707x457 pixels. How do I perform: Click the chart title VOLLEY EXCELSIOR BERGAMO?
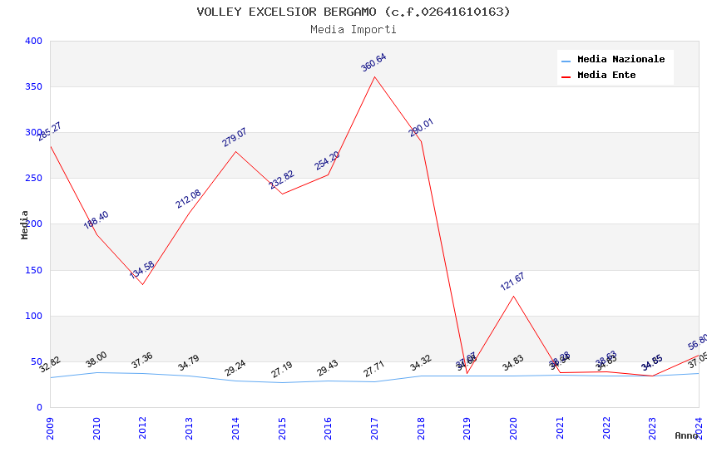coord(353,12)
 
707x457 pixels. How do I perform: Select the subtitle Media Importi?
coord(353,29)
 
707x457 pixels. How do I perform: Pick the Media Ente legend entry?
coord(606,76)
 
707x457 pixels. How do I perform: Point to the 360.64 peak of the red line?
coord(374,77)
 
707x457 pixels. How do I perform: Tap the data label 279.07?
coord(235,138)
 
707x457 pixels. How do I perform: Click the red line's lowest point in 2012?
coord(142,284)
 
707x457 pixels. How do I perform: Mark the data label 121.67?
coord(512,282)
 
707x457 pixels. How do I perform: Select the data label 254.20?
coord(327,161)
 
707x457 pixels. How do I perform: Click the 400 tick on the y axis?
coord(33,41)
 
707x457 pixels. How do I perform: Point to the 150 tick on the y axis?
coord(33,270)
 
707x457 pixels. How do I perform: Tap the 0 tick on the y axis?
coord(38,408)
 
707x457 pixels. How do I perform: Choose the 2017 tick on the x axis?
coord(375,428)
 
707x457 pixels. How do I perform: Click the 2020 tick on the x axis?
coord(514,428)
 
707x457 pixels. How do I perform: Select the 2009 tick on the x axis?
coord(51,428)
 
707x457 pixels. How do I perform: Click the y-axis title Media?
coord(25,224)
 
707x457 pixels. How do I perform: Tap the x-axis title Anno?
coord(686,435)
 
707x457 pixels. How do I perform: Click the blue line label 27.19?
coord(281,370)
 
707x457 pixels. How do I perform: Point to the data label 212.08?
coord(188,199)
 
